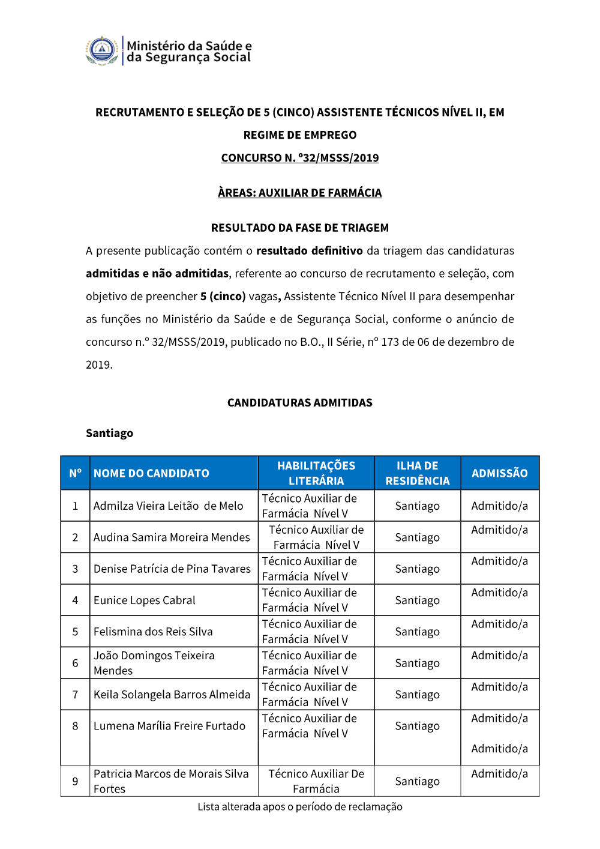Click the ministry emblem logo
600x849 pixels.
point(102,50)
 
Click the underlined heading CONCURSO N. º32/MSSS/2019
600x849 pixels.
point(300,158)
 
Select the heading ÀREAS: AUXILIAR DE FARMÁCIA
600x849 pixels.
point(300,193)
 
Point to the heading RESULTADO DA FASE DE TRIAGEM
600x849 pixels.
point(300,228)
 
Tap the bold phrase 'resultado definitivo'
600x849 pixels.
point(310,251)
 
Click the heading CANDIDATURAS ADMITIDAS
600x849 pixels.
point(300,403)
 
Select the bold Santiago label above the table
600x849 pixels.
point(109,434)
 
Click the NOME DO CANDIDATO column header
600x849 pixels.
point(151,473)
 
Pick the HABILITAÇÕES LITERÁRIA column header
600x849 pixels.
point(316,473)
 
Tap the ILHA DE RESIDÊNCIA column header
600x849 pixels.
point(418,473)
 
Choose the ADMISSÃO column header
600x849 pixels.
point(500,473)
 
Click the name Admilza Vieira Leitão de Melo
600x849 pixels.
point(168,506)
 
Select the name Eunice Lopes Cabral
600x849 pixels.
point(145,600)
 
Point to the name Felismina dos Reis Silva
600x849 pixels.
point(153,632)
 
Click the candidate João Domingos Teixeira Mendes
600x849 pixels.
point(154,663)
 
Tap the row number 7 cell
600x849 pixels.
point(75,695)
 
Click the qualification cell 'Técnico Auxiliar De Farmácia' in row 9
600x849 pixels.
point(316,781)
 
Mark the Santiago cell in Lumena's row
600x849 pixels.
point(418,726)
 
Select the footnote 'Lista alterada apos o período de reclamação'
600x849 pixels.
point(300,807)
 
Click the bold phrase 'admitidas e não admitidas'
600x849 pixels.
point(157,274)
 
